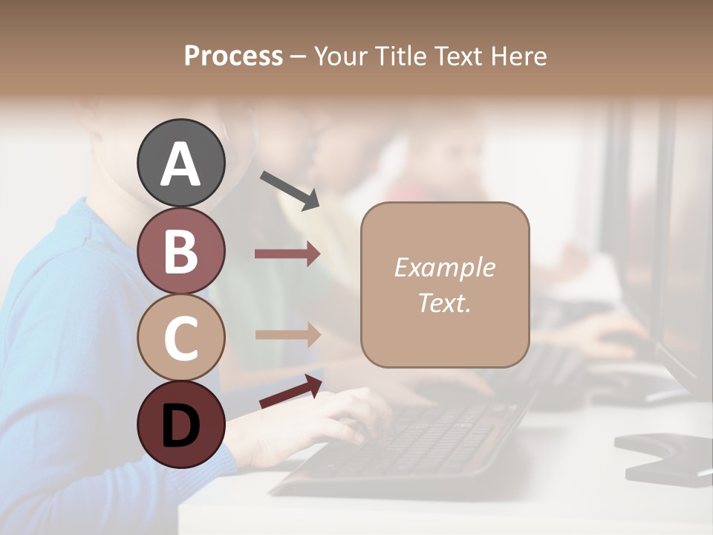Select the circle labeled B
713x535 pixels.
181,250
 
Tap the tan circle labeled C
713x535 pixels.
181,337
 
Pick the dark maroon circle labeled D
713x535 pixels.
181,424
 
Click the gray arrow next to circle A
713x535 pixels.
290,190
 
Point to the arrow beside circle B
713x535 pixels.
287,254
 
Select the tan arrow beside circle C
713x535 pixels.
287,335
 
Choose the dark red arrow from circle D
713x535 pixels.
290,391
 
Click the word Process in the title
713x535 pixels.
233,56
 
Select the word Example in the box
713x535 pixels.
445,267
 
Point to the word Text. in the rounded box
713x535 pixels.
445,302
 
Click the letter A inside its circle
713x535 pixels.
181,164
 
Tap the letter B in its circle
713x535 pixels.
181,251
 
